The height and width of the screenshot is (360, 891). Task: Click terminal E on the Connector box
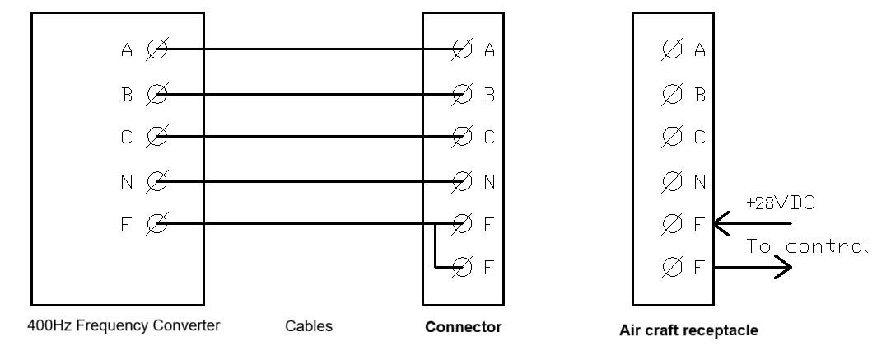(464, 267)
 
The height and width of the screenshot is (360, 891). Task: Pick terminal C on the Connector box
(464, 137)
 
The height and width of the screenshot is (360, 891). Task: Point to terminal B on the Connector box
(464, 94)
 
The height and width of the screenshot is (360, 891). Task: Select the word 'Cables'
(310, 326)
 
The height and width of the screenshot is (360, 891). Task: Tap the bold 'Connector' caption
(463, 327)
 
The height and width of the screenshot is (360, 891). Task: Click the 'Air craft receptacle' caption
(688, 331)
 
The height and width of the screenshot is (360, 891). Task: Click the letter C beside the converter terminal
(126, 137)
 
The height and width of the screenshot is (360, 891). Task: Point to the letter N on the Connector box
(489, 180)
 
